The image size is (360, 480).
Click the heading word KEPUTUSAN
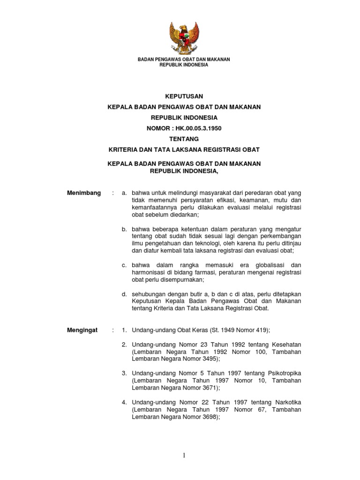[183, 96]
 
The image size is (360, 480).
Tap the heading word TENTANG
[183, 139]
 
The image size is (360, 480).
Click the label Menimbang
[84, 193]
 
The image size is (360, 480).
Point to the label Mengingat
[82, 330]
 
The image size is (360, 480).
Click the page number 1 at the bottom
[184, 456]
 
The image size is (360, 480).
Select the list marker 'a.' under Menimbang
[125, 193]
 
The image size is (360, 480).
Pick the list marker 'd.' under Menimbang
[125, 294]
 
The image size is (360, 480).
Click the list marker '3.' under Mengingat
[125, 373]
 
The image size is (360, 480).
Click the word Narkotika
[285, 403]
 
